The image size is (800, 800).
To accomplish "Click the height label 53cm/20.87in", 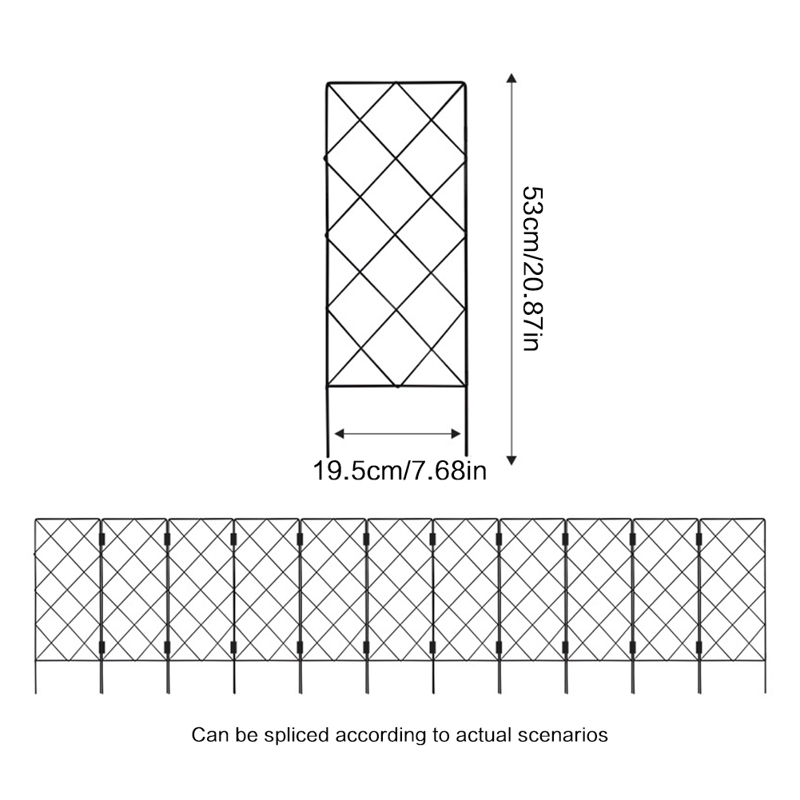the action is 533,269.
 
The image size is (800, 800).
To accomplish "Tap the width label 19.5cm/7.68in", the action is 400,471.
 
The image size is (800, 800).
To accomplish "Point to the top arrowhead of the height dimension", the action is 511,78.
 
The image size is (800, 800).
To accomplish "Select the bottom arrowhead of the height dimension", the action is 511,460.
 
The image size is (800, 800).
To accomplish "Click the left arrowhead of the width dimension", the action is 340,434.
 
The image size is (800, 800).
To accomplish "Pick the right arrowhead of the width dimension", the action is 456,434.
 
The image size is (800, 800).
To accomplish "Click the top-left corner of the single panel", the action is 327,83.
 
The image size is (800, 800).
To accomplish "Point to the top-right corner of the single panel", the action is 465,82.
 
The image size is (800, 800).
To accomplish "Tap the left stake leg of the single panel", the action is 327,421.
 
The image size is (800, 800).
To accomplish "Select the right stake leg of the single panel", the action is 466,421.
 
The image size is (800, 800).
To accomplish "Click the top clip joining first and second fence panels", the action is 101,539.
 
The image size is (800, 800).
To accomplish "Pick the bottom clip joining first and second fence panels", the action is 101,648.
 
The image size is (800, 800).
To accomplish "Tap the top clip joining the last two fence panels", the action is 699,539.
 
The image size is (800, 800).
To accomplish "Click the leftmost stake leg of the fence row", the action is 36,677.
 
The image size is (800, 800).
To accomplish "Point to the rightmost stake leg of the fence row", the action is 765,677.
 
